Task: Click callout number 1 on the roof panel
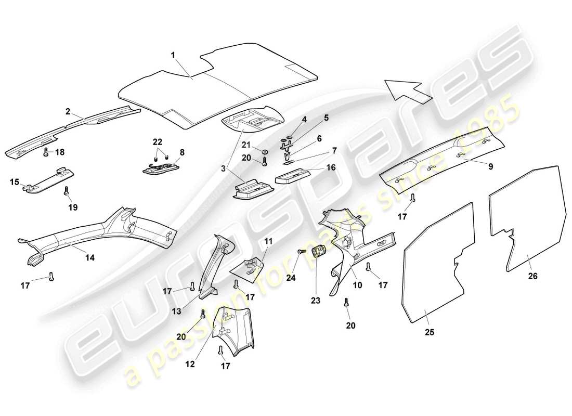pos(174,55)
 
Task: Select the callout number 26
pos(533,277)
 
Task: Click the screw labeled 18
pos(47,152)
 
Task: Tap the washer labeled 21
pos(265,152)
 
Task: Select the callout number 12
pos(190,365)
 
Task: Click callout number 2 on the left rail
pos(68,111)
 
